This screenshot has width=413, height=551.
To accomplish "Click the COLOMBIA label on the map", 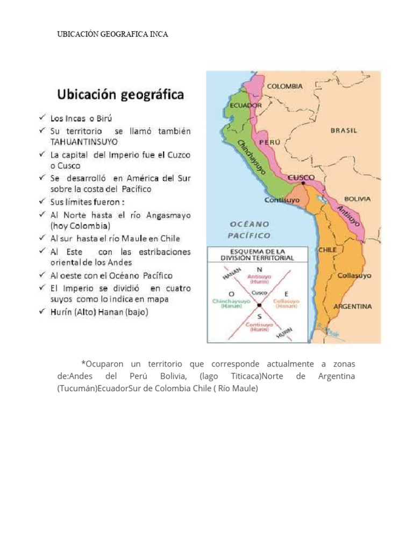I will click(x=284, y=86).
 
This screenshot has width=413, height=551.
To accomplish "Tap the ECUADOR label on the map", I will click(x=246, y=105).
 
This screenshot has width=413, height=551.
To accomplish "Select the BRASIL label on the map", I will click(x=343, y=130).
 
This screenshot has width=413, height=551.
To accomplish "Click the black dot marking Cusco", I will click(x=303, y=183).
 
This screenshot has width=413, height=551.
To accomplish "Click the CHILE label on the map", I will click(x=327, y=250).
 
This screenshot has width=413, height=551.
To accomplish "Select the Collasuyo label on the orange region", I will click(x=354, y=275).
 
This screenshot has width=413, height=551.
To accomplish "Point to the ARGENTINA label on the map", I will click(x=352, y=306).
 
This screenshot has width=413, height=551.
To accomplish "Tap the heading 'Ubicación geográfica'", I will click(x=120, y=95).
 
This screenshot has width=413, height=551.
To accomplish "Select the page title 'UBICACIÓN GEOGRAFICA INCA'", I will click(x=113, y=34).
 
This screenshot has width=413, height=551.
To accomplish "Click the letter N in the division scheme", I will click(x=260, y=270).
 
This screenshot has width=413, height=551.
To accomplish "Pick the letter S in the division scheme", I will click(x=259, y=317).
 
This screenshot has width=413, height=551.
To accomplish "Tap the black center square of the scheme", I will click(x=259, y=305).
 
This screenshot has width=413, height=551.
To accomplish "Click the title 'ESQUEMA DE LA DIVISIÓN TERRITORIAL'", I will click(x=258, y=255).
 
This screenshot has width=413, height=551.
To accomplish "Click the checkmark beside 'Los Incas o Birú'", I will click(x=41, y=117).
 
